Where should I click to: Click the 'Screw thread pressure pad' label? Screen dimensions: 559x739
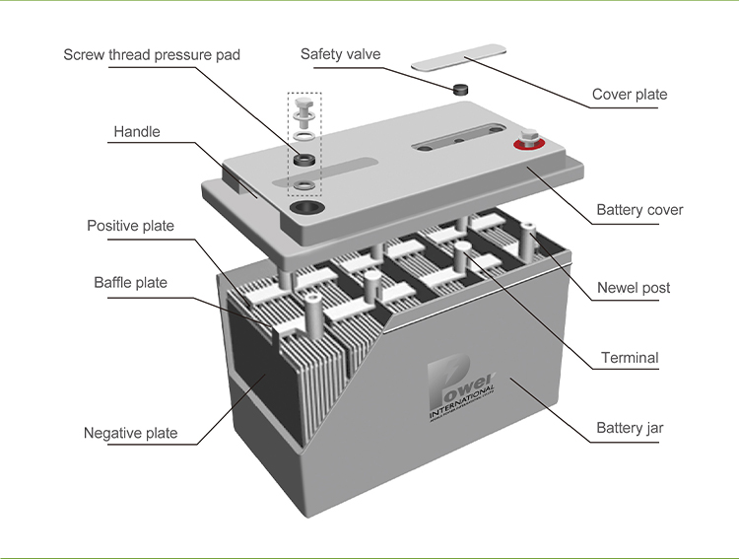click(151, 54)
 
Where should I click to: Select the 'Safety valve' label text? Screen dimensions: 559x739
click(340, 54)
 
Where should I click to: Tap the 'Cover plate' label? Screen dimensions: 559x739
click(629, 95)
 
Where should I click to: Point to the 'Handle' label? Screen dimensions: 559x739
click(136, 131)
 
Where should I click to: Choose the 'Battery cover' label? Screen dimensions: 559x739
click(639, 210)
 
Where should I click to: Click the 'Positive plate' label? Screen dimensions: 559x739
click(130, 226)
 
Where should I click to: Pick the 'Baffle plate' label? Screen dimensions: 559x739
click(130, 283)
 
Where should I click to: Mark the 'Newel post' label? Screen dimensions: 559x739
click(634, 288)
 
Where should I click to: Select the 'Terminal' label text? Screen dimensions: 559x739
click(630, 358)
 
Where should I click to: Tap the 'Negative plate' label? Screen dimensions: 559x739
click(130, 433)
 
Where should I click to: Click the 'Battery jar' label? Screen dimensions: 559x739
click(630, 428)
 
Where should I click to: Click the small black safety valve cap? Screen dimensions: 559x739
click(460, 89)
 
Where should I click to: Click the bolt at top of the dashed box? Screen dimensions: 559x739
click(304, 105)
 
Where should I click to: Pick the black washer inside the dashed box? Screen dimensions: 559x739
click(304, 159)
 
